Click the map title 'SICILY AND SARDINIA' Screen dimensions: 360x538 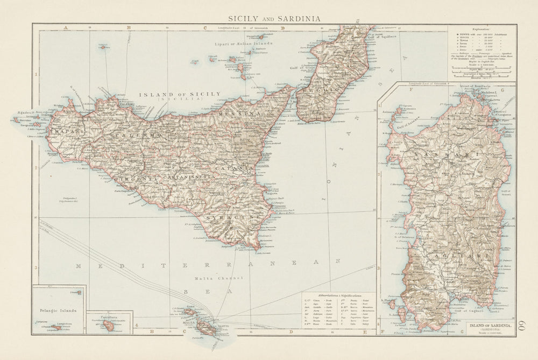[x=274, y=18]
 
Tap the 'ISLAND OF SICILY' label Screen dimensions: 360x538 [x=180, y=94]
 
